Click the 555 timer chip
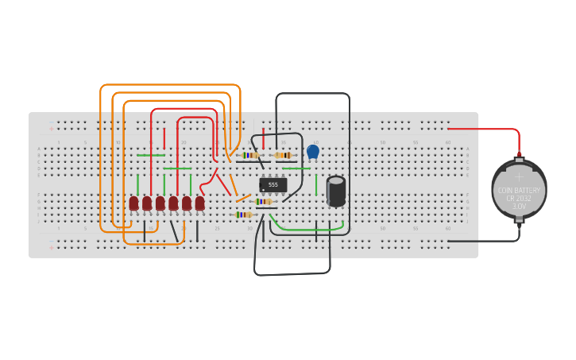tap(273, 184)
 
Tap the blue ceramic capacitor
tap(313, 151)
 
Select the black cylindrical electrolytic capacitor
tap(336, 192)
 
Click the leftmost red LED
tap(133, 203)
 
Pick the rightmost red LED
tap(199, 203)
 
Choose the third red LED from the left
tap(160, 203)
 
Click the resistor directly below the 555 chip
tap(263, 202)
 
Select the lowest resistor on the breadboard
tap(243, 215)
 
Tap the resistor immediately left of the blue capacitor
tap(283, 155)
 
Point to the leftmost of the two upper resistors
tap(250, 155)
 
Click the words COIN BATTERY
tap(518, 190)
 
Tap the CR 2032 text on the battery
tap(518, 198)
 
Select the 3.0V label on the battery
tap(518, 206)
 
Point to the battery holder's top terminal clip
tap(519, 159)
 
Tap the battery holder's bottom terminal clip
tap(519, 222)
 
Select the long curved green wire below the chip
tap(310, 231)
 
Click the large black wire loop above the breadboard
tap(312, 94)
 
